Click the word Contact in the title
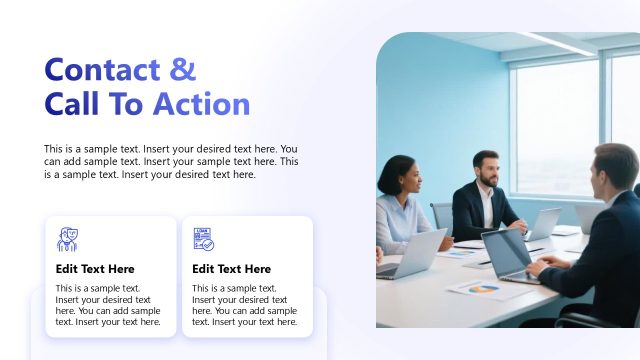click(x=102, y=70)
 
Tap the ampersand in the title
click(x=183, y=70)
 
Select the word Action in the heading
click(x=201, y=104)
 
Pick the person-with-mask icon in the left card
click(x=68, y=238)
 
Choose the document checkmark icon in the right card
click(x=204, y=238)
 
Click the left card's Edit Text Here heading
click(x=95, y=269)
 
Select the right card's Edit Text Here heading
click(x=231, y=269)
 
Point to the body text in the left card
click(x=108, y=304)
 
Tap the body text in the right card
click(x=244, y=304)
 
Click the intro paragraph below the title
click(x=171, y=161)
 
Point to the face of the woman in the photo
click(x=403, y=180)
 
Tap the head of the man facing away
click(x=613, y=169)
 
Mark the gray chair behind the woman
click(x=441, y=214)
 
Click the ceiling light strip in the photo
click(x=556, y=43)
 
